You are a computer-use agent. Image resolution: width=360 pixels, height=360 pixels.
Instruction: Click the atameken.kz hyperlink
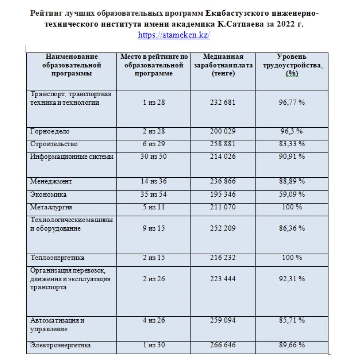pos(174,35)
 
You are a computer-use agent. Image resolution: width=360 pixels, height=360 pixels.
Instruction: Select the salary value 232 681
pos(222,102)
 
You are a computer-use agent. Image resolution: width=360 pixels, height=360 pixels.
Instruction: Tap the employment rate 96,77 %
pos(292,102)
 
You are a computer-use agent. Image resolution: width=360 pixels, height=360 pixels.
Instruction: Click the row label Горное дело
pos(50,131)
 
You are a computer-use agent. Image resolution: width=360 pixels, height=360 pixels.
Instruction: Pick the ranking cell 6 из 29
pos(154,144)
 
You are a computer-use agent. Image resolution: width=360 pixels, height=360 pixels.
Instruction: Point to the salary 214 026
pos(222,156)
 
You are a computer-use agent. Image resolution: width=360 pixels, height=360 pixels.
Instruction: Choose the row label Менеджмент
pos(51,181)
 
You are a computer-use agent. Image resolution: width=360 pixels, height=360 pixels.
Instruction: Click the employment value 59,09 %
pos(292,194)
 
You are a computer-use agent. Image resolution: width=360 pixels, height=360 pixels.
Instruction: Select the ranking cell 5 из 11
pos(154,207)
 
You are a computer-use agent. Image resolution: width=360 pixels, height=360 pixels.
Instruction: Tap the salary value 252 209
pos(222,228)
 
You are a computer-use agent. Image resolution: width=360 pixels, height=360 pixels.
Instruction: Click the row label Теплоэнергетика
pos(57,258)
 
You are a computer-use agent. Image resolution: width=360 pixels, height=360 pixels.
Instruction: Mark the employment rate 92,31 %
pos(292,279)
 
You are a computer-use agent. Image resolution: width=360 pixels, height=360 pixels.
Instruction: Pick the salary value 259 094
pos(222,320)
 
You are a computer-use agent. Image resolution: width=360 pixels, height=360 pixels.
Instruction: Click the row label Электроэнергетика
pos(60,345)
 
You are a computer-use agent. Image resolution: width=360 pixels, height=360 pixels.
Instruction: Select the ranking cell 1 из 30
pos(154,345)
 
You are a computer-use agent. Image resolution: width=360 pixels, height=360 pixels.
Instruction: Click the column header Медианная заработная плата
pos(223,65)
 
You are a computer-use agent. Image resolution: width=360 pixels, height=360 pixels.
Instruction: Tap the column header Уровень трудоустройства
pos(292,65)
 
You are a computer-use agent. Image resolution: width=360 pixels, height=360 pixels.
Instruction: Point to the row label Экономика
pos(48,194)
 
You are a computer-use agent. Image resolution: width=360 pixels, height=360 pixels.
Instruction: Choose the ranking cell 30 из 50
pos(154,156)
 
